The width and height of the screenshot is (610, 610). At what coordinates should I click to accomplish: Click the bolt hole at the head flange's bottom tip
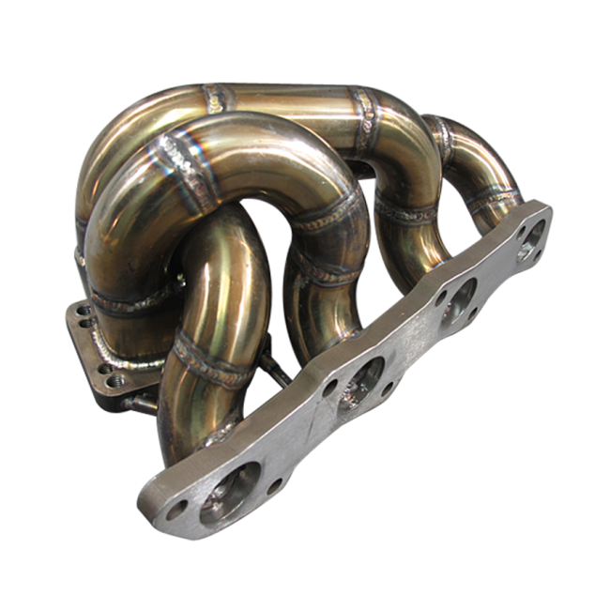pyautogui.click(x=175, y=511)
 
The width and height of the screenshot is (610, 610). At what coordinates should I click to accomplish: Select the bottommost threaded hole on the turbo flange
pyautogui.click(x=117, y=383)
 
